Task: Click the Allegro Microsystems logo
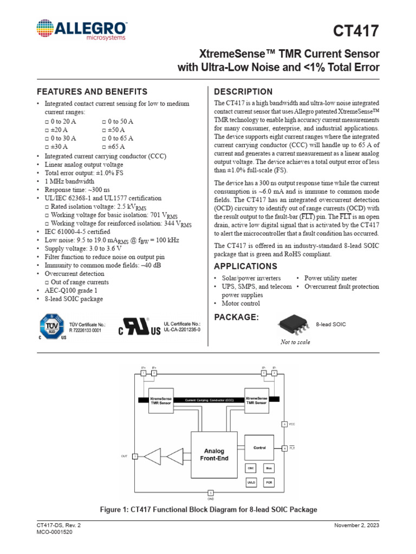(81, 30)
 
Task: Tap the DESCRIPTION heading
(243, 91)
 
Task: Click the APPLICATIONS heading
(245, 266)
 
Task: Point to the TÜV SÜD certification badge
(52, 327)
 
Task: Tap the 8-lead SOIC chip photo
(294, 324)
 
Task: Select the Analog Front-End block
(214, 454)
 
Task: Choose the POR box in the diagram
(269, 482)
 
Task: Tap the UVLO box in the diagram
(251, 482)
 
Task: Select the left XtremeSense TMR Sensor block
(160, 400)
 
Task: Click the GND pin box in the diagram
(211, 493)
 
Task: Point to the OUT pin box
(135, 457)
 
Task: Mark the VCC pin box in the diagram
(284, 424)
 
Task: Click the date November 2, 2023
(356, 525)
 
